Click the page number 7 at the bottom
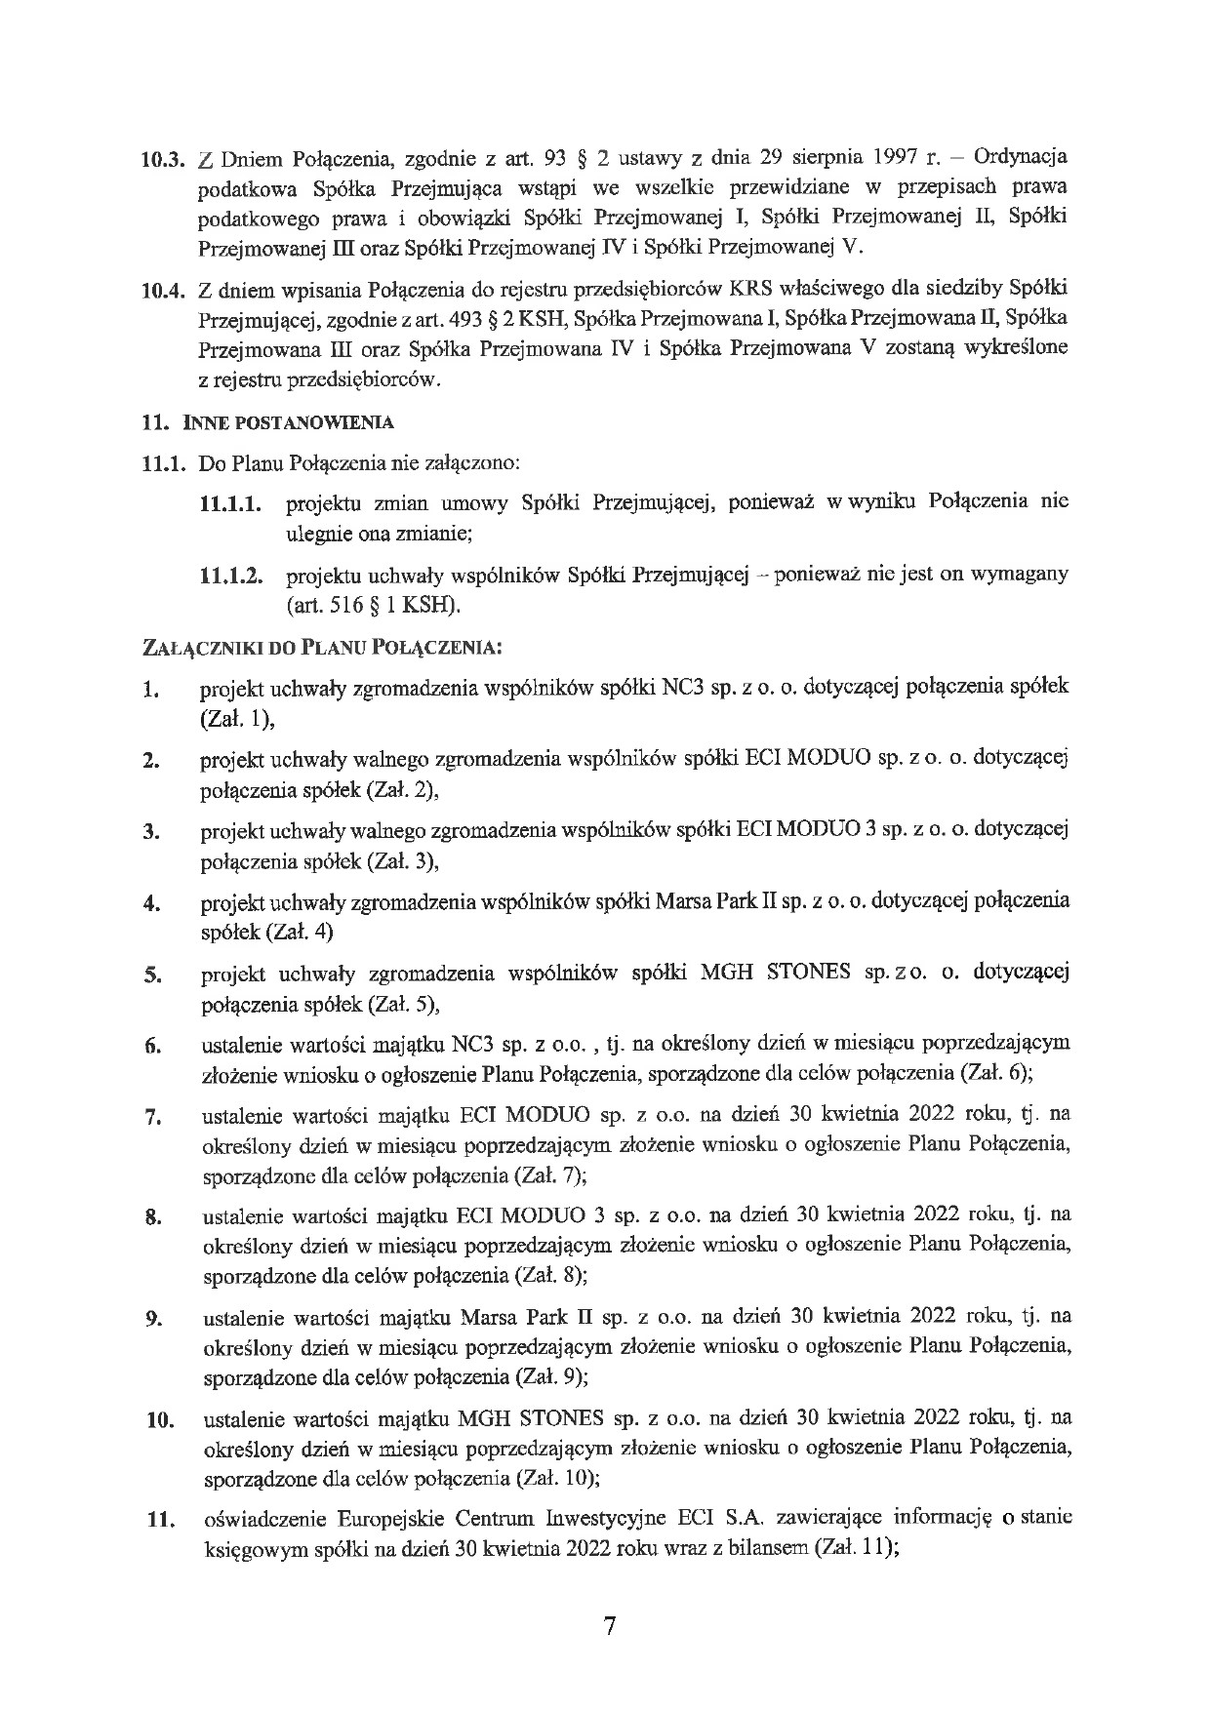pyautogui.click(x=609, y=1626)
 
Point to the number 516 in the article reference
pyautogui.click(x=336, y=606)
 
